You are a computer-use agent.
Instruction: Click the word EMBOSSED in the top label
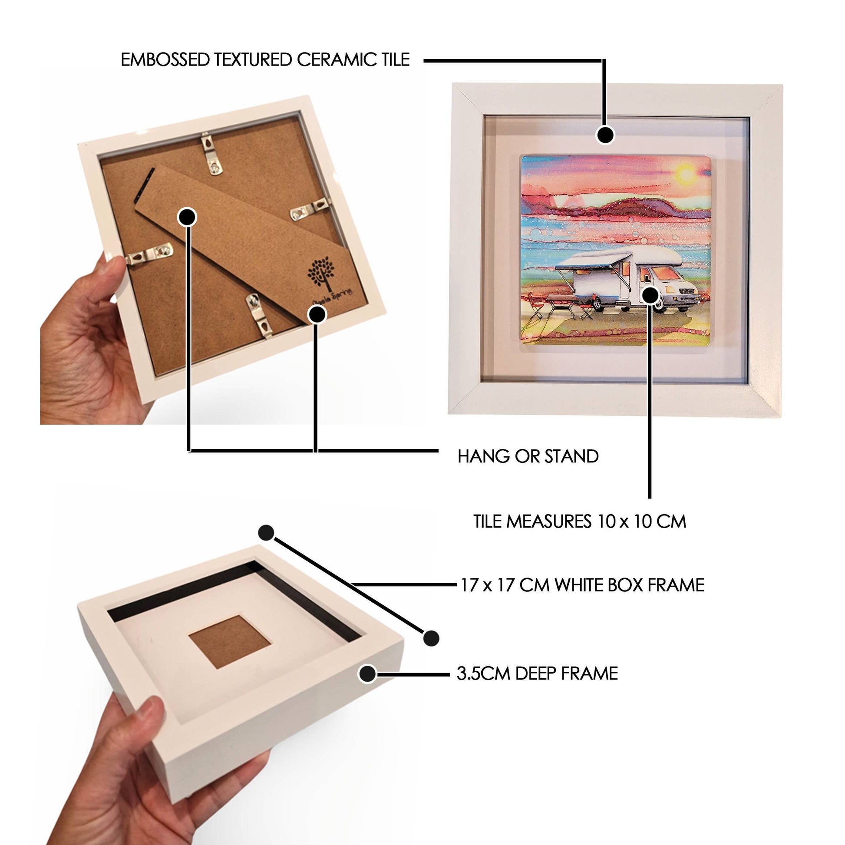click(165, 60)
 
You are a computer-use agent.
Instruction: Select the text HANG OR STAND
click(528, 456)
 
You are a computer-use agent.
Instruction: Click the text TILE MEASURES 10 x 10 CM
click(580, 522)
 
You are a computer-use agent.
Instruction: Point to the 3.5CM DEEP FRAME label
click(537, 673)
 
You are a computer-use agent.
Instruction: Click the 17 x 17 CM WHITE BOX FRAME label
click(582, 585)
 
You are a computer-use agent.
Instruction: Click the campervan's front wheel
click(682, 305)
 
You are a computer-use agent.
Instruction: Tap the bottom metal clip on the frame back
click(259, 315)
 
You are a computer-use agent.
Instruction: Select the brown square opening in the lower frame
click(230, 641)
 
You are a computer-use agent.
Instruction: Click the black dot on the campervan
click(650, 295)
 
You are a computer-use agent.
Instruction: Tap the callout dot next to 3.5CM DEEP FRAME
click(367, 674)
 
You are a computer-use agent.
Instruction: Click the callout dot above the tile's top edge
click(605, 135)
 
